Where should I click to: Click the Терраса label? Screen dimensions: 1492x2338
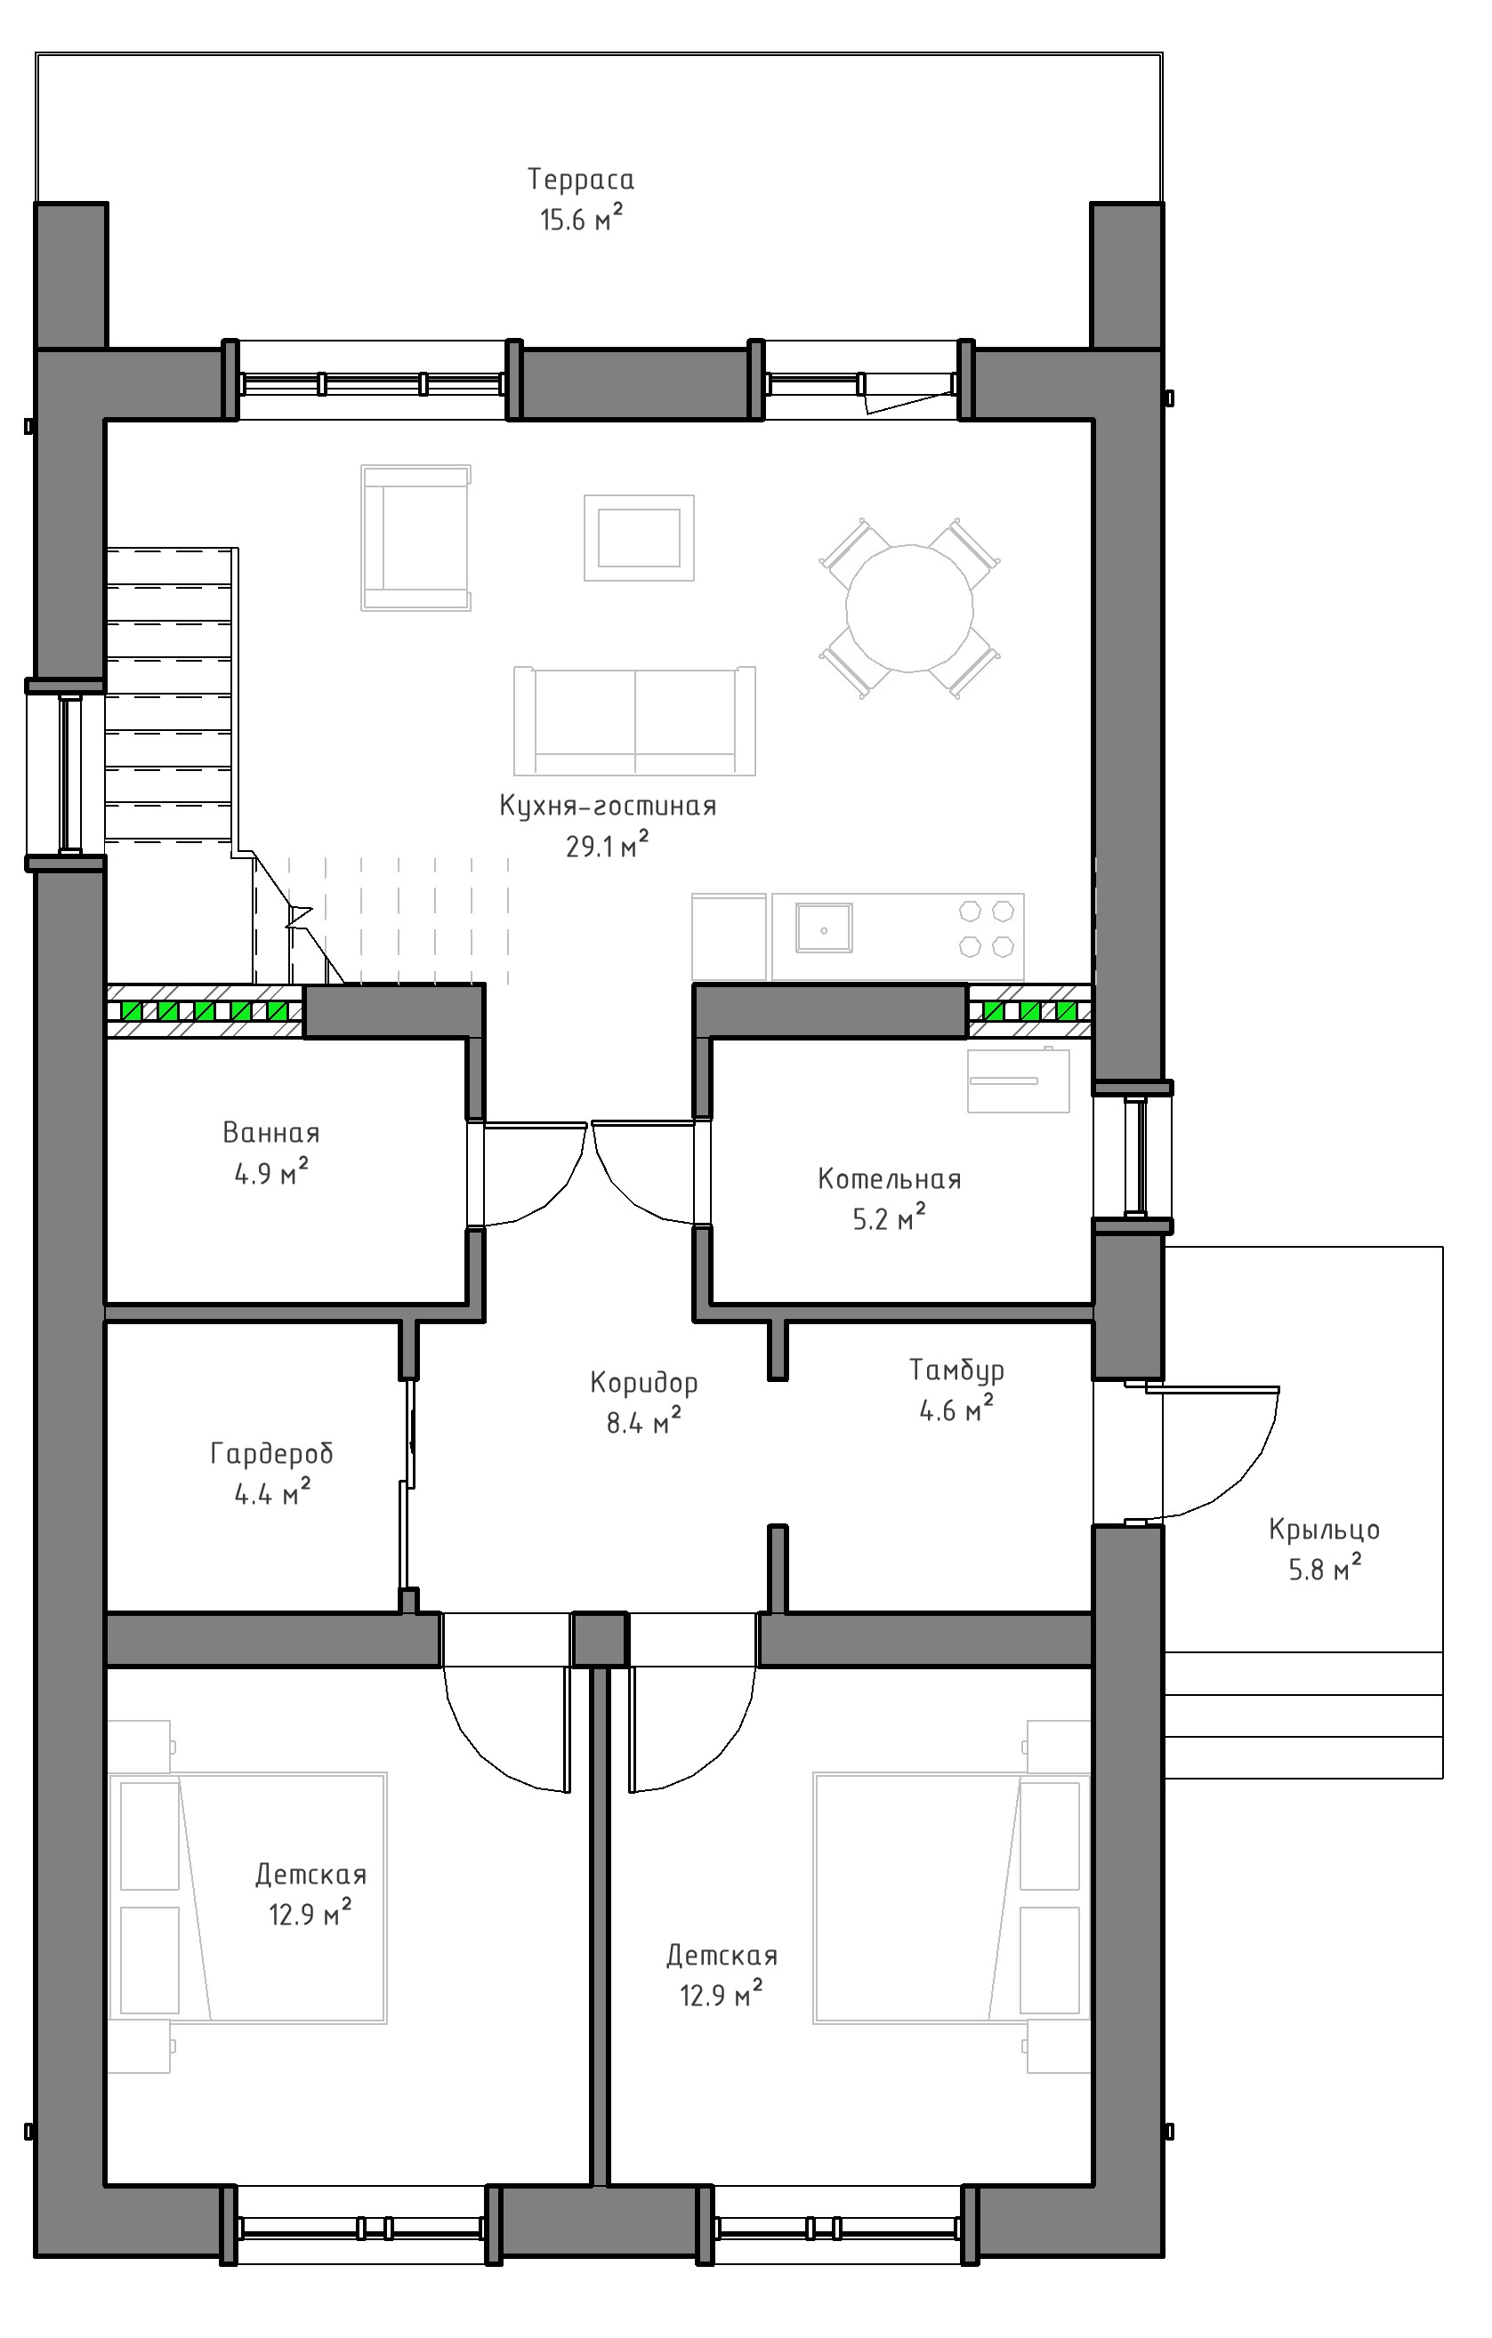581,180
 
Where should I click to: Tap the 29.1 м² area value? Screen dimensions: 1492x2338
607,846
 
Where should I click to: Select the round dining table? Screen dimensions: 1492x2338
909,609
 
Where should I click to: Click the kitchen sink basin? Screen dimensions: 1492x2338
824,928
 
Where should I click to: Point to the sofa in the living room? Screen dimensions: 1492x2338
634,720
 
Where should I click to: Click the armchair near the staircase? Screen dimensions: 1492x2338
415,537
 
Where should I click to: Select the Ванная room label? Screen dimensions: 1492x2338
271,1133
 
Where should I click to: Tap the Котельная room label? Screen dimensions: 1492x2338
890,1180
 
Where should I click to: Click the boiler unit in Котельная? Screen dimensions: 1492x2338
1018,1080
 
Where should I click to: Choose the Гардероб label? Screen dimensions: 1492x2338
272,1453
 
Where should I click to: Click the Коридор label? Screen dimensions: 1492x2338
644,1383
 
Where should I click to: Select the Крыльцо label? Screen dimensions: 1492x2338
1324,1530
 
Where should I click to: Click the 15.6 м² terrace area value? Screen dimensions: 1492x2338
581,220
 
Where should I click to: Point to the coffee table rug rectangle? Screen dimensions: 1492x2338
639,538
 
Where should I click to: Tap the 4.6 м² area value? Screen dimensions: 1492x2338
956,1409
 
